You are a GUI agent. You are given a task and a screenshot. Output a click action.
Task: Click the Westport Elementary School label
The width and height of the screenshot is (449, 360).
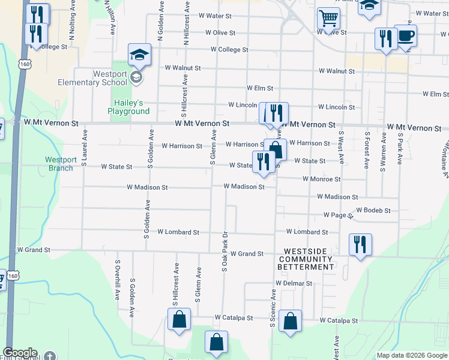coord(92,78)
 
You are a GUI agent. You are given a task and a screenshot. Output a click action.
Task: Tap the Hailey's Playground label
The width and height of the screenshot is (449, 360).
coord(128,107)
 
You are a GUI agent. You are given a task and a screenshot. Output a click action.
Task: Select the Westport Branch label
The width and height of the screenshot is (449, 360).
coord(60,164)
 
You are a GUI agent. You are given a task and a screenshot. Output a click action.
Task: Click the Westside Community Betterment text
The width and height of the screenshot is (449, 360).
coord(306,259)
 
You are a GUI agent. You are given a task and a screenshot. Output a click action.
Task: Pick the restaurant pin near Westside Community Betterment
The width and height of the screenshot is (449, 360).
coord(360,244)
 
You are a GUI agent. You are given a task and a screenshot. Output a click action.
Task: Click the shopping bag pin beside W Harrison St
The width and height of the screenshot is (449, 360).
coord(275,149)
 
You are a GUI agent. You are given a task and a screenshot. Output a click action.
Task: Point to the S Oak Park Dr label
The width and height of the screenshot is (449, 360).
coord(224,253)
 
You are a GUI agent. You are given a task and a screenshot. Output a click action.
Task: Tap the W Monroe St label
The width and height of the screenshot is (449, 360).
coord(321,179)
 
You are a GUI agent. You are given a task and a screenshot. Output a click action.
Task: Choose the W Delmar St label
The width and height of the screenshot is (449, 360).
coord(294,283)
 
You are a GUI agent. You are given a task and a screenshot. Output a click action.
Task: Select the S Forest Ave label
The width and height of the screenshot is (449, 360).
coord(367,148)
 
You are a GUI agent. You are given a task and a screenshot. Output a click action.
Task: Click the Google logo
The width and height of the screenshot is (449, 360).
coord(20,353)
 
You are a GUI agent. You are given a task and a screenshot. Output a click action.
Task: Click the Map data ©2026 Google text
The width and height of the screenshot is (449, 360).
coord(411,355)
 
